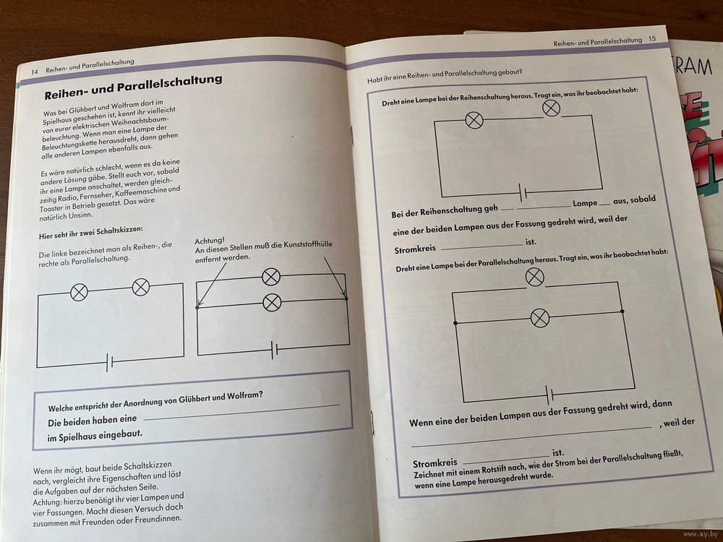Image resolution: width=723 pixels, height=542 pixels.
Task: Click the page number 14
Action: (x=34, y=72)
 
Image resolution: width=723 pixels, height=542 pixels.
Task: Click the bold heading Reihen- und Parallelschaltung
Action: (x=133, y=86)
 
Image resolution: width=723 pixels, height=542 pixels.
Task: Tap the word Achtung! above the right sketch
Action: (x=210, y=241)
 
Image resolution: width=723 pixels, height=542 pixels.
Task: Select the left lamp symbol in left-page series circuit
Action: (x=78, y=291)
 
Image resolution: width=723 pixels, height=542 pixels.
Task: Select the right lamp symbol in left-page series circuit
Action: (x=141, y=287)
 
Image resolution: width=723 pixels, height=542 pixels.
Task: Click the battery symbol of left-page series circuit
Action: (x=109, y=361)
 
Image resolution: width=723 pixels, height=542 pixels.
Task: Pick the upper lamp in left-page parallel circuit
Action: (x=271, y=276)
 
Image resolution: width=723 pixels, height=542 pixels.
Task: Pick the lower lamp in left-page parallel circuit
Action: (x=271, y=302)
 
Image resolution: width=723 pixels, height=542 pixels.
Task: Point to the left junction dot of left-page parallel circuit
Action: (x=197, y=308)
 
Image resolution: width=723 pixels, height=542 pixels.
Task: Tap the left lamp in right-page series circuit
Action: (x=474, y=119)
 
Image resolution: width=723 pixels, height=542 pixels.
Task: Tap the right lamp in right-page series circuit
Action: (x=551, y=108)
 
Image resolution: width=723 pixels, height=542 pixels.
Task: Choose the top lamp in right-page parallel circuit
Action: (x=534, y=277)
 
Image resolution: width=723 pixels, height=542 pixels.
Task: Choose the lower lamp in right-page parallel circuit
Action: (x=539, y=317)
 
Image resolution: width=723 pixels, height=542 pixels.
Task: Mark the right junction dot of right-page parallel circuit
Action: (x=623, y=311)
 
